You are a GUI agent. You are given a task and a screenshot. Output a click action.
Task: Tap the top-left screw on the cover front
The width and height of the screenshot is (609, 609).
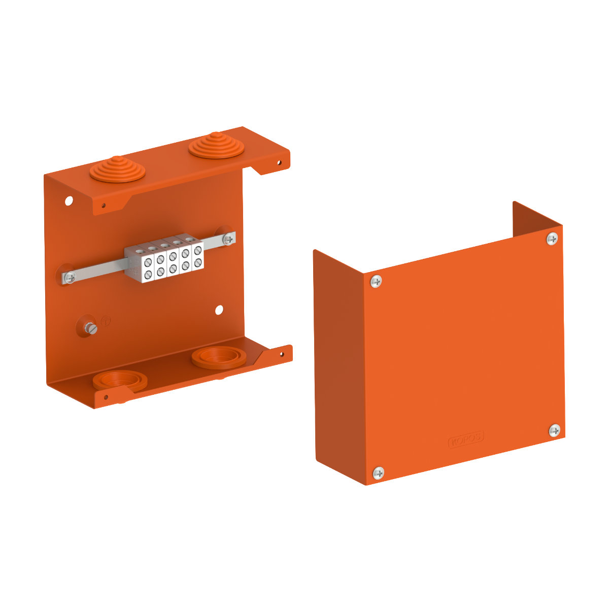(376, 281)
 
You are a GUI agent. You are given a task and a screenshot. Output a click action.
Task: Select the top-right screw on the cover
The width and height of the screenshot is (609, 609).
(552, 239)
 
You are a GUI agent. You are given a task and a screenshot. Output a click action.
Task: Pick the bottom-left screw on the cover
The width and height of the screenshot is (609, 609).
(378, 473)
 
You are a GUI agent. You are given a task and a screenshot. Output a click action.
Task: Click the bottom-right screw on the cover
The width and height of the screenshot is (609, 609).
(554, 430)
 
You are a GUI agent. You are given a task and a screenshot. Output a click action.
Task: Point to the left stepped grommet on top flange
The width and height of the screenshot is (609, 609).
(117, 170)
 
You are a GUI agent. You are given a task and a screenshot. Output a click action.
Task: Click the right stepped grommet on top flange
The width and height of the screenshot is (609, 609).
(216, 146)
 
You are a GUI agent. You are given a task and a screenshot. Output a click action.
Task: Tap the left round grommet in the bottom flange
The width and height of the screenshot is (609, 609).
(120, 381)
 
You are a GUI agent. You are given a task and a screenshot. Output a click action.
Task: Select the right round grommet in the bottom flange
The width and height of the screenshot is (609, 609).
(219, 357)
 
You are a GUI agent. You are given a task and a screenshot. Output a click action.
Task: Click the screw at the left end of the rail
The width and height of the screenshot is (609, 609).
(70, 278)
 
